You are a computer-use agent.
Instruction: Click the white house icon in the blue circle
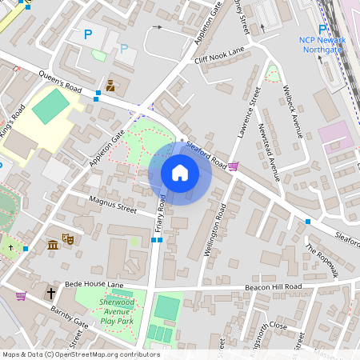coord(180,172)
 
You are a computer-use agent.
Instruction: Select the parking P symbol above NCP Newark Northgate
coord(323,28)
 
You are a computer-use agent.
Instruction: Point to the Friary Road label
coord(159,218)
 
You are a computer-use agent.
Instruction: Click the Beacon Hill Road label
coord(274,286)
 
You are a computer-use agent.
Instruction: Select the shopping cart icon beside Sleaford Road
coord(233,166)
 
